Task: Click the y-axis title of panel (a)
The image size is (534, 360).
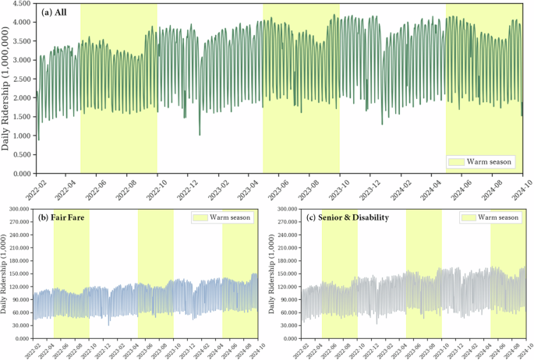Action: (x=7, y=89)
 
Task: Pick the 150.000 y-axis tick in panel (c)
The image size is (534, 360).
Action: (x=285, y=274)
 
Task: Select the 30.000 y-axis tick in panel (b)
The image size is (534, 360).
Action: (x=20, y=326)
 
